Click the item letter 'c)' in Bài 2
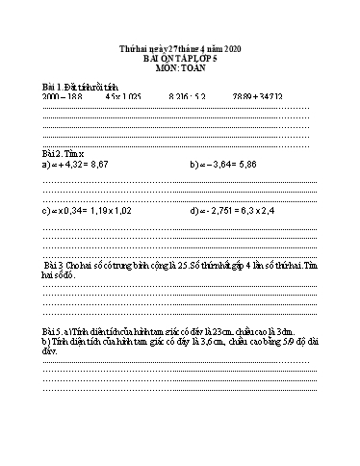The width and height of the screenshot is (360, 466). click(x=47, y=209)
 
